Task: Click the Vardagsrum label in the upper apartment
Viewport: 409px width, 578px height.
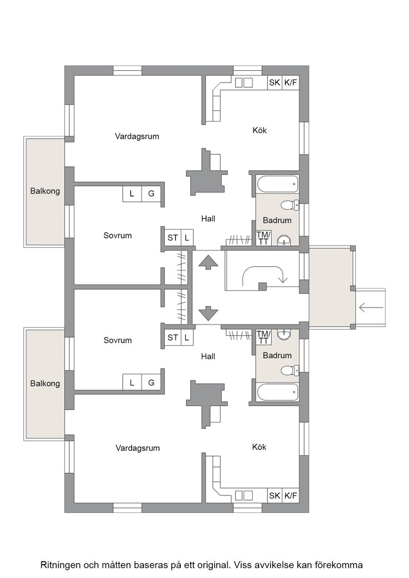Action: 137,136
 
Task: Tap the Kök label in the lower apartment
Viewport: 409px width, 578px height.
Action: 259,447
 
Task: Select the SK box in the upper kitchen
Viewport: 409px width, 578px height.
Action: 274,83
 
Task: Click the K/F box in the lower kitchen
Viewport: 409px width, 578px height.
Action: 291,496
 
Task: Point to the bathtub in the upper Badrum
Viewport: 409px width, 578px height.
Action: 277,184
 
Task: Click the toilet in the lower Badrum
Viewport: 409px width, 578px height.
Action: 290,370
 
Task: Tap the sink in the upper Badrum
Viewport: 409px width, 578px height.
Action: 283,240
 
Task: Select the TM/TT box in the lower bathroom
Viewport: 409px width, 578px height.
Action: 264,338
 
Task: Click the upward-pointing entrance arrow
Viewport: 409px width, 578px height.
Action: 208,262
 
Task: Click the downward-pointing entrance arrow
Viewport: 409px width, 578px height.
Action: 208,313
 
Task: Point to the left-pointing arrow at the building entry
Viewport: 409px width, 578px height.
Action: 371,307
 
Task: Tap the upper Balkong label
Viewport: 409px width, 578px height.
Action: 45,191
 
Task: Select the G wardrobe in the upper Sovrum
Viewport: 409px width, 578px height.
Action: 151,194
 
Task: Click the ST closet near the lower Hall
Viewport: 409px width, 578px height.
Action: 172,338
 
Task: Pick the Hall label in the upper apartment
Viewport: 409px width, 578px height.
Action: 208,219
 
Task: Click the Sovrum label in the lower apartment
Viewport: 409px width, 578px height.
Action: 117,340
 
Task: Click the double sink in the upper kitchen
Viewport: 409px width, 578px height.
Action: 244,83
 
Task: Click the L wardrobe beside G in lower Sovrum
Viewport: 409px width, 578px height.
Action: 132,382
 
